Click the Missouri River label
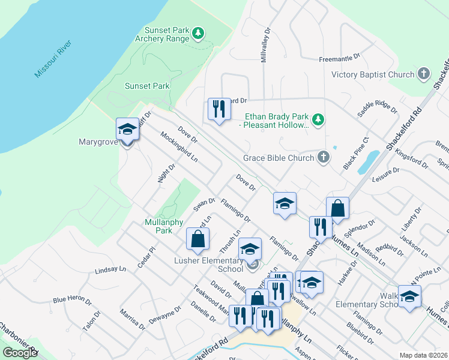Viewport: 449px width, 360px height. point(53,59)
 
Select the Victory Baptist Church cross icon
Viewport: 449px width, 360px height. point(424,74)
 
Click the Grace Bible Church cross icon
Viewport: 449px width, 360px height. point(323,158)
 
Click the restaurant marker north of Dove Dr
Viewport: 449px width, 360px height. point(218,109)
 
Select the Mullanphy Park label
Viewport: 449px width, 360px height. point(159,226)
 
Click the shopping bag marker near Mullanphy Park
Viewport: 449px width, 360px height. point(198,239)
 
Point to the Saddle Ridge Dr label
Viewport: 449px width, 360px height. point(377,107)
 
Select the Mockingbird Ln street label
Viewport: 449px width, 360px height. point(179,147)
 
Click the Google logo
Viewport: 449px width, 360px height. point(20,353)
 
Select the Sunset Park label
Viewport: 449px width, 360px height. point(147,86)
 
